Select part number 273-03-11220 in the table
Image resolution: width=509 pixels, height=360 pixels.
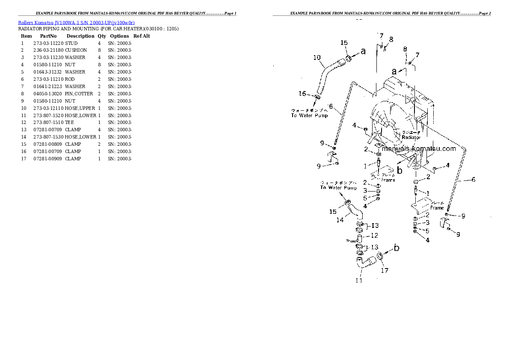tap(48, 43)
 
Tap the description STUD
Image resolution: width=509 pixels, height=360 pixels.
tap(71, 43)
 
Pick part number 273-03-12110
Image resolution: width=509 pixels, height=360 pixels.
tap(48, 108)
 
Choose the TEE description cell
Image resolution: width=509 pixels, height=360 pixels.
tap(69, 122)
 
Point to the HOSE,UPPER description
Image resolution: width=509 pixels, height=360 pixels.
tap(80, 108)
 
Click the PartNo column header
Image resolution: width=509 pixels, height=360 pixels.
tap(48, 36)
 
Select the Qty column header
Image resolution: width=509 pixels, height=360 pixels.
tap(102, 36)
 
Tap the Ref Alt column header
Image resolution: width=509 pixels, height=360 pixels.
tap(142, 36)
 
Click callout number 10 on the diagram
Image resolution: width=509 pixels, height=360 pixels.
tap(317, 57)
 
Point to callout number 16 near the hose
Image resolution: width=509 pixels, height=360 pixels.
tap(302, 94)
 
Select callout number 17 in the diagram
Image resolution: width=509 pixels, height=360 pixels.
tap(385, 270)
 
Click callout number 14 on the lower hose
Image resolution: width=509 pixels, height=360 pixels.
tap(340, 220)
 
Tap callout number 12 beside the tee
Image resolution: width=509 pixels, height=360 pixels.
tap(374, 236)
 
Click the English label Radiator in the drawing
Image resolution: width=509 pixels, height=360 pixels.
tap(411, 138)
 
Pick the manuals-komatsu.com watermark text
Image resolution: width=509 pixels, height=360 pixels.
tap(419, 149)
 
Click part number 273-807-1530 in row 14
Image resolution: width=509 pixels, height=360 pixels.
tap(48, 137)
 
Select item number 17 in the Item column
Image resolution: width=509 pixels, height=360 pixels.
tap(24, 159)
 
